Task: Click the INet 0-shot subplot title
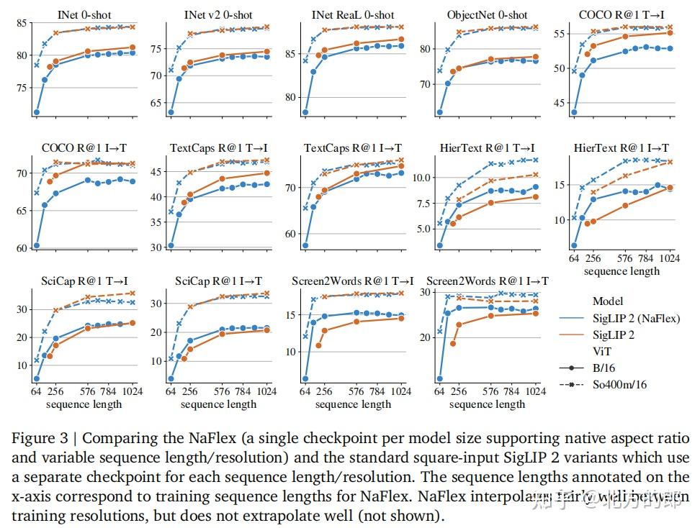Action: click(x=84, y=15)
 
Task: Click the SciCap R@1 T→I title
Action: click(x=84, y=281)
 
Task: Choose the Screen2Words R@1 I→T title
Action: click(x=488, y=281)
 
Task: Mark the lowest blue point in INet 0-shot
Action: click(x=36, y=112)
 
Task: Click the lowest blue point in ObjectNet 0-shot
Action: click(x=439, y=112)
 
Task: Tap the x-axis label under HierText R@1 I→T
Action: click(x=622, y=271)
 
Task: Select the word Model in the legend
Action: click(x=608, y=301)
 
